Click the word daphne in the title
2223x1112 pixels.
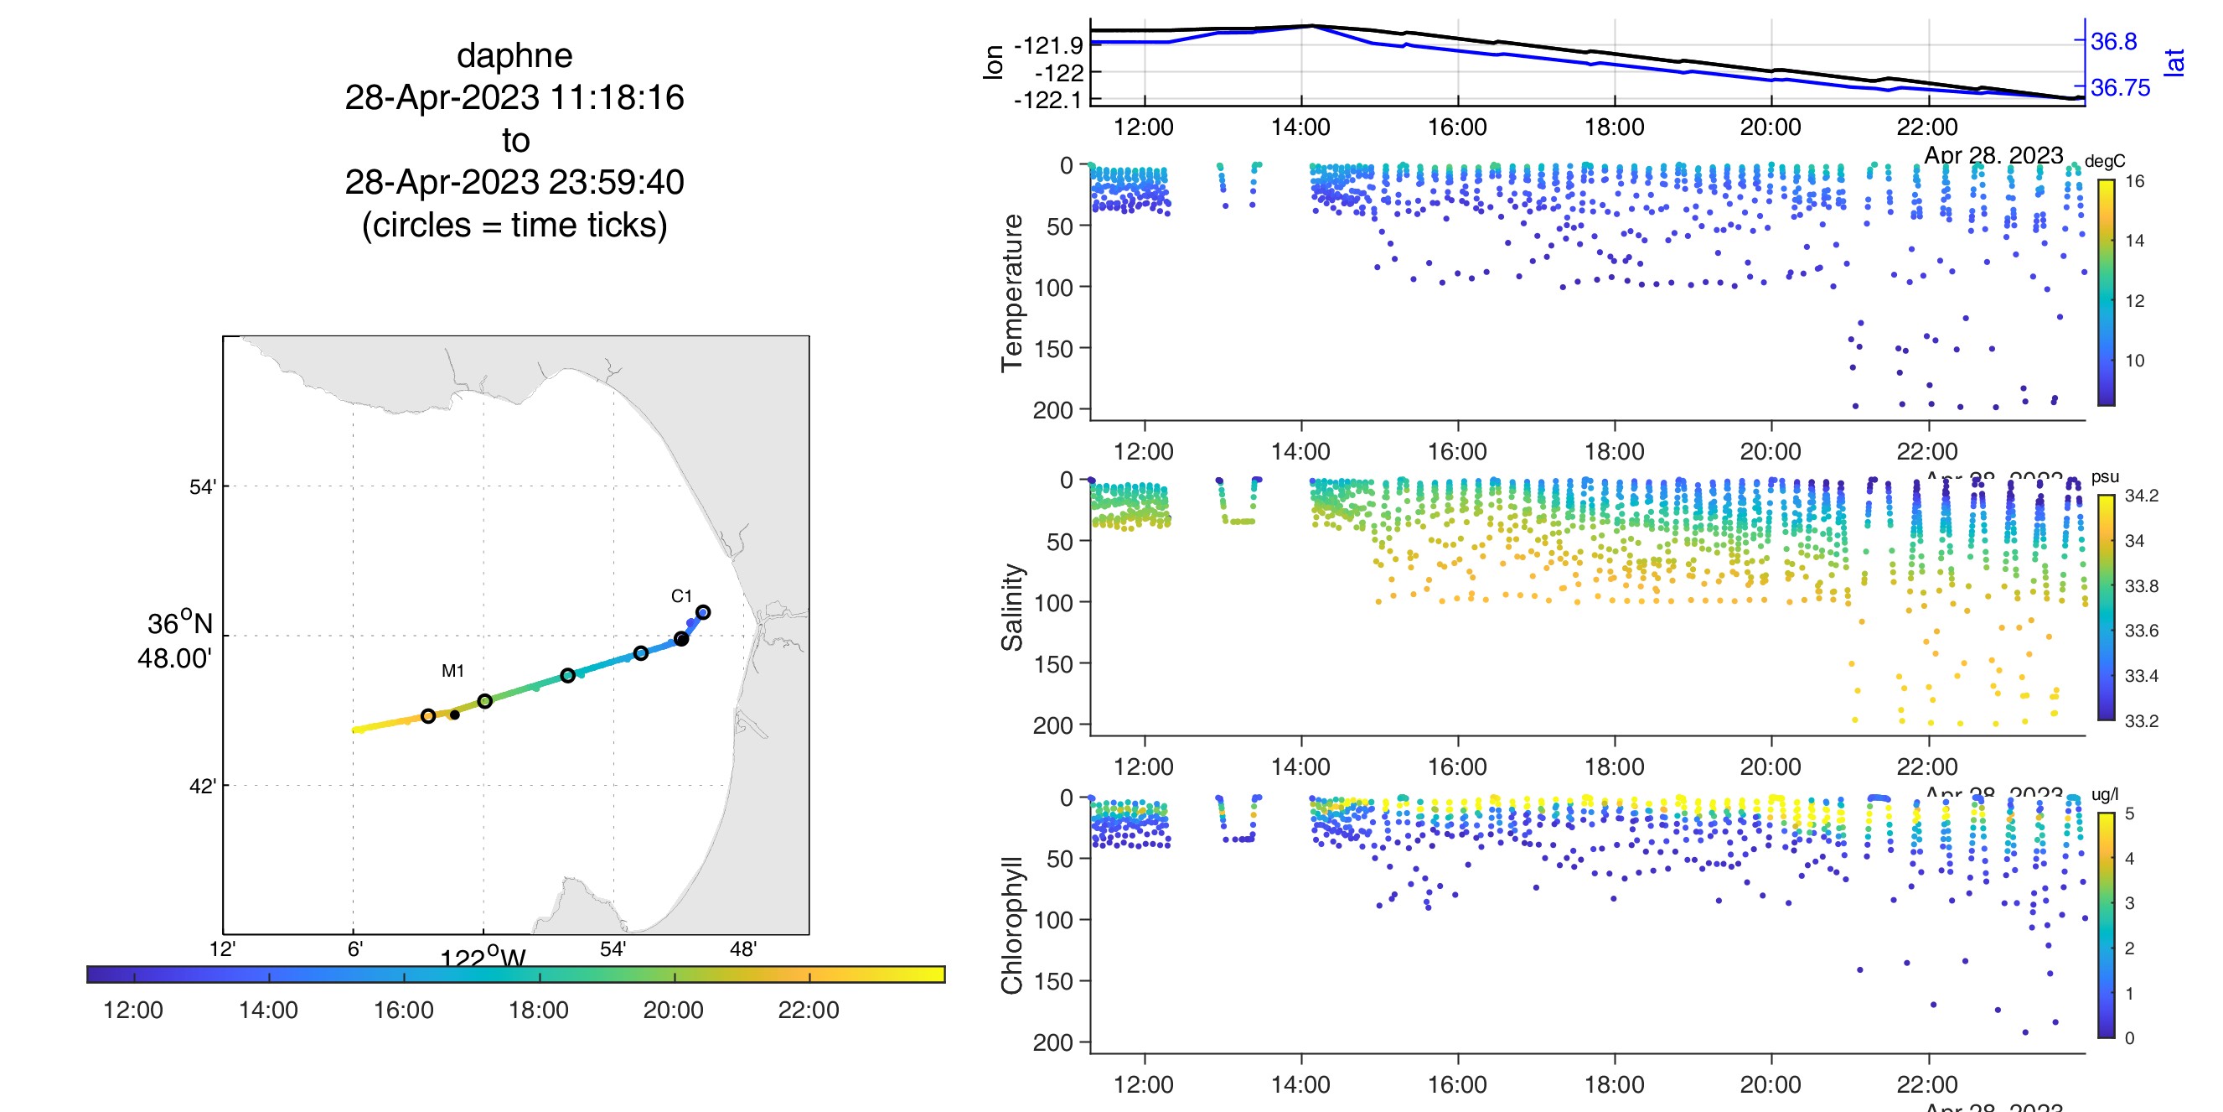pyautogui.click(x=514, y=56)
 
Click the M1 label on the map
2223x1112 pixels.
pyautogui.click(x=453, y=671)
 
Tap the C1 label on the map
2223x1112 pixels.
pyautogui.click(x=682, y=595)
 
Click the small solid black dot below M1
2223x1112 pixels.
pyautogui.click(x=455, y=714)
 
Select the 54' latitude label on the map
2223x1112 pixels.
pyautogui.click(x=203, y=487)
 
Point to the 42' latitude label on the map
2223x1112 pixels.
pyautogui.click(x=203, y=787)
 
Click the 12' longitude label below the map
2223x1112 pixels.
pyautogui.click(x=223, y=949)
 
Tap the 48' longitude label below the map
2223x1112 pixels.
pyautogui.click(x=743, y=949)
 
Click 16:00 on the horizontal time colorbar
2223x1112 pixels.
pyautogui.click(x=404, y=1011)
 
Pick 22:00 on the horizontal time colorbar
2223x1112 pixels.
pyautogui.click(x=809, y=1011)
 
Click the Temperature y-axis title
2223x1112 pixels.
pyautogui.click(x=1012, y=294)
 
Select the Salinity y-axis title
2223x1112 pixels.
pyautogui.click(x=1012, y=608)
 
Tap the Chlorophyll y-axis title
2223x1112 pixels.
pyautogui.click(x=1012, y=926)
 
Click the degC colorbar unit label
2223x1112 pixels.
pyautogui.click(x=2105, y=162)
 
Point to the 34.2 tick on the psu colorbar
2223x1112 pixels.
pyautogui.click(x=2141, y=496)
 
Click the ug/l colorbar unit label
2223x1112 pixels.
pyautogui.click(x=2105, y=795)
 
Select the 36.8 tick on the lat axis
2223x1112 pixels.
pyautogui.click(x=2114, y=41)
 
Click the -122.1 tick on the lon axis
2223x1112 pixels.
pyautogui.click(x=1047, y=100)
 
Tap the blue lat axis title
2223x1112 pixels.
pyautogui.click(x=2175, y=62)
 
